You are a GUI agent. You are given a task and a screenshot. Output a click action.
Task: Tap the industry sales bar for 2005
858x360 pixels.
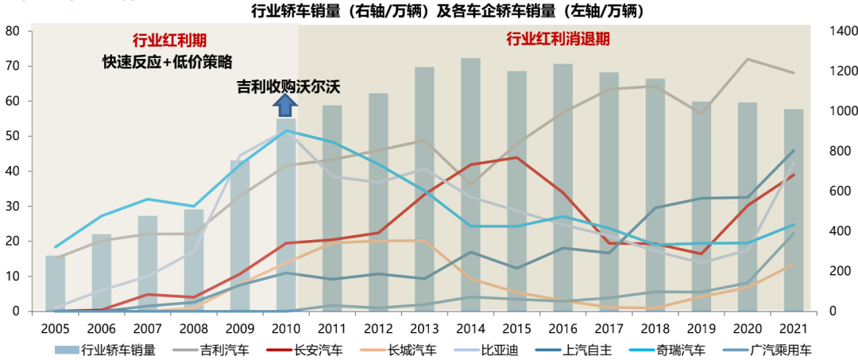tap(55, 283)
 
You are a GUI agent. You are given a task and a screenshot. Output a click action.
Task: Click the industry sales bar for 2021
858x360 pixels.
tap(794, 210)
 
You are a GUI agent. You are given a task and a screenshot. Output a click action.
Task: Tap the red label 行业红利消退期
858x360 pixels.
tap(552, 38)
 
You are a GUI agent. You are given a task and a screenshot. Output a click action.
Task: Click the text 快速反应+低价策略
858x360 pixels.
tap(167, 62)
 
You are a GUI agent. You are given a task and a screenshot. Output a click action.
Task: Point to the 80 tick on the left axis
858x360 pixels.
tap(13, 31)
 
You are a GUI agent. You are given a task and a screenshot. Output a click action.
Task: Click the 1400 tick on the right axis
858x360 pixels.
tap(841, 31)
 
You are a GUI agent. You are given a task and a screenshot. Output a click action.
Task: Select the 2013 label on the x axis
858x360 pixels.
tap(424, 327)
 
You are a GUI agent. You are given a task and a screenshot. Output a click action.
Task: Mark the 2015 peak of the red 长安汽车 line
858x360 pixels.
tap(516, 157)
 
